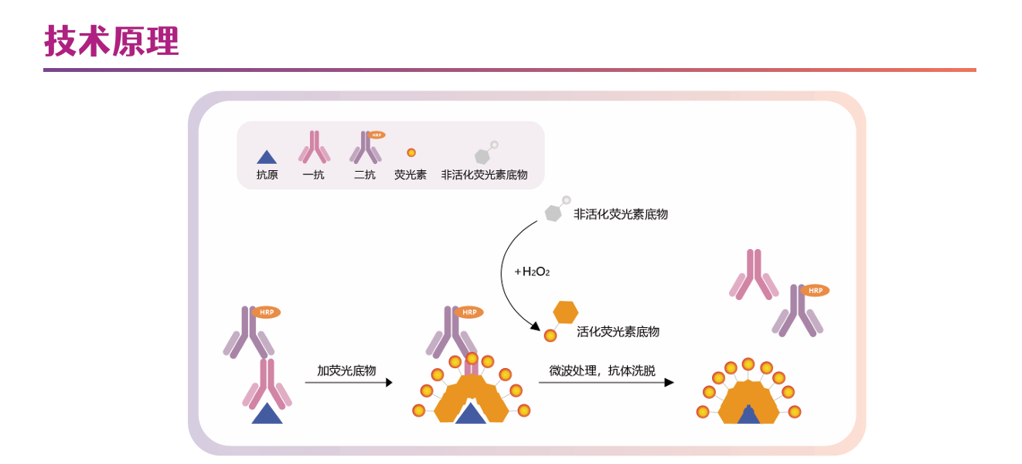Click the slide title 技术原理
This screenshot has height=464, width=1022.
tap(111, 41)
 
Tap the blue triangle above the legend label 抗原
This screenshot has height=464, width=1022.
tap(267, 158)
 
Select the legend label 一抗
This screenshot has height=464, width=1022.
tap(314, 175)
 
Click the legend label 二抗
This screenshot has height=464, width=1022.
tap(365, 175)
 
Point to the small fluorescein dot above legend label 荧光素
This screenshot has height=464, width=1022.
tap(411, 152)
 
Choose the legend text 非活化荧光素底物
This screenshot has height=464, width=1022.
tap(484, 175)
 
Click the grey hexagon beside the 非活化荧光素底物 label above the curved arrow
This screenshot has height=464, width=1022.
tap(554, 213)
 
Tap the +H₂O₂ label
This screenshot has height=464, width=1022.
tap(532, 271)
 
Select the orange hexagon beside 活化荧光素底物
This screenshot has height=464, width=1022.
tap(566, 312)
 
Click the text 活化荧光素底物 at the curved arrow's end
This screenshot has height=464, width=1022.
tap(618, 332)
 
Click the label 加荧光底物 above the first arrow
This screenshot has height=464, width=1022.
tap(346, 370)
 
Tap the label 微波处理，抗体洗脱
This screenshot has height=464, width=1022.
tap(602, 370)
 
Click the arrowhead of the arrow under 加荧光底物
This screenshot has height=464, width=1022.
tap(388, 383)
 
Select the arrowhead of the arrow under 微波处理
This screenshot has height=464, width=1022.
tap(669, 383)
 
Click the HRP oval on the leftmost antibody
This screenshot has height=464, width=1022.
tap(267, 312)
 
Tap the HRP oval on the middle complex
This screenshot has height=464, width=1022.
tap(469, 312)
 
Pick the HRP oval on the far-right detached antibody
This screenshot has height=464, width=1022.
tap(815, 291)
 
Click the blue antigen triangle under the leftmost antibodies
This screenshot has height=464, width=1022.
tap(267, 415)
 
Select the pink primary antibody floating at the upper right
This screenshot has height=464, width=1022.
tap(753, 275)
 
